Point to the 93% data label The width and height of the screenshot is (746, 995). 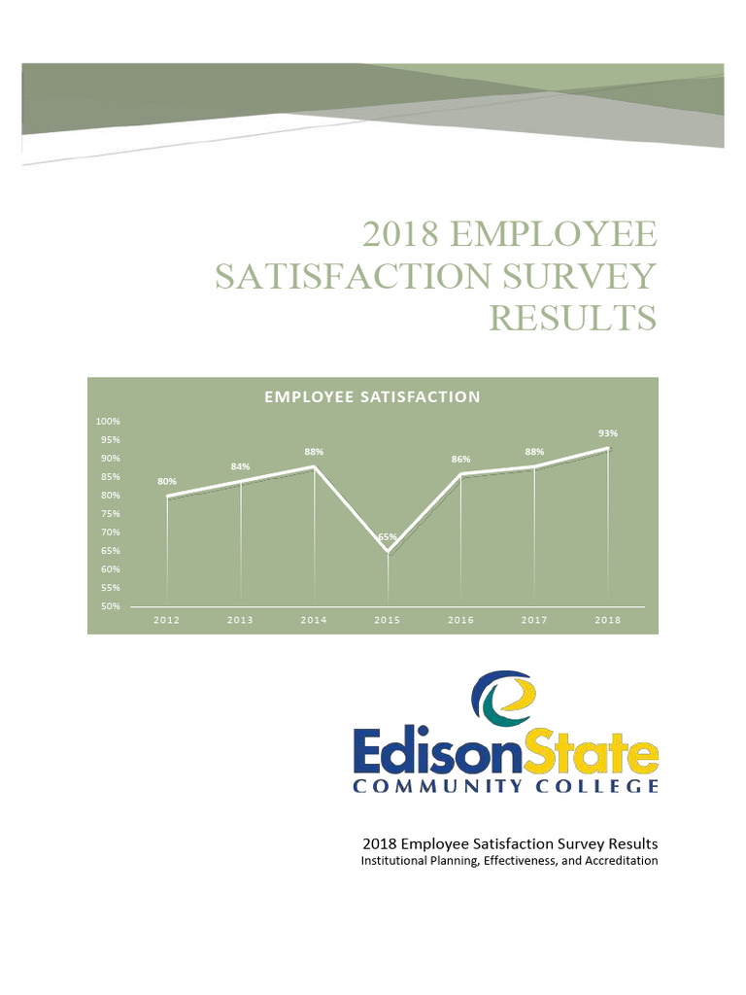(x=608, y=433)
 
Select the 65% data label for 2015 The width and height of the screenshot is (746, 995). (x=388, y=536)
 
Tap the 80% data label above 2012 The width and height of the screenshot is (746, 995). (x=167, y=481)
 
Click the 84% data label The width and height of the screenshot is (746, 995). (x=240, y=467)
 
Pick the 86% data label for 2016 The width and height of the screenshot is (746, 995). (x=460, y=459)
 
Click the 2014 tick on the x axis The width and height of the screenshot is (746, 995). (x=314, y=620)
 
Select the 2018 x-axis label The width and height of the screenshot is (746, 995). (x=608, y=620)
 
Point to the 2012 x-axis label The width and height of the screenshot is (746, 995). (x=167, y=620)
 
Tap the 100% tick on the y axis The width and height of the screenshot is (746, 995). (x=107, y=421)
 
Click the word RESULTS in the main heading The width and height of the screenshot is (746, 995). (x=572, y=318)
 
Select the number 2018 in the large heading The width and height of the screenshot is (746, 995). (x=401, y=234)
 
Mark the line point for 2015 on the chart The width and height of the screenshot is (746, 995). (x=388, y=552)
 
